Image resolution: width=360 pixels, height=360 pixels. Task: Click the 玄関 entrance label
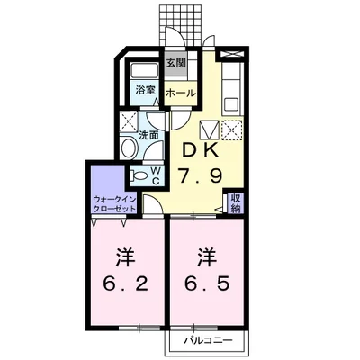[x=176, y=63]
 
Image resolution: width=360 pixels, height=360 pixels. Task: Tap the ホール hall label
[x=181, y=93]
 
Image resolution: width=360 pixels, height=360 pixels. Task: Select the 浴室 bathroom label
[x=145, y=90]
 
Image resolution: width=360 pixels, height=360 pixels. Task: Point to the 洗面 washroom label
[x=148, y=135]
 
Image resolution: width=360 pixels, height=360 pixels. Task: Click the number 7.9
[x=200, y=176]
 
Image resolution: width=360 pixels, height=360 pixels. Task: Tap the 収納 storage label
[x=236, y=203]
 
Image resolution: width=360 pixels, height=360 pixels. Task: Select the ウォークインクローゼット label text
[x=114, y=204]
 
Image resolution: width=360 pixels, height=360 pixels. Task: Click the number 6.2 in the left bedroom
[x=126, y=283]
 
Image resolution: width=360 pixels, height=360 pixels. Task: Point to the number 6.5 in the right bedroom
[x=207, y=283]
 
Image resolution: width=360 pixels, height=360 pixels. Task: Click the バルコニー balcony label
[x=208, y=340]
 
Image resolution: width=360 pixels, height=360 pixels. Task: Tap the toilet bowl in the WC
[x=138, y=175]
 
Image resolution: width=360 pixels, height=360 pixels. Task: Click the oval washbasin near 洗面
[x=129, y=148]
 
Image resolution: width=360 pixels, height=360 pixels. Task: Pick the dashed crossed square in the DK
[x=231, y=130]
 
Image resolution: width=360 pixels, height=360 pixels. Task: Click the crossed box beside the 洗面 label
[x=129, y=121]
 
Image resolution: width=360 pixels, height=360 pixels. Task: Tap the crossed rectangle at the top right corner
[x=232, y=54]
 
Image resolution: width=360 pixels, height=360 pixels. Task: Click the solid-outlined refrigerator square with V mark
[x=210, y=130]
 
